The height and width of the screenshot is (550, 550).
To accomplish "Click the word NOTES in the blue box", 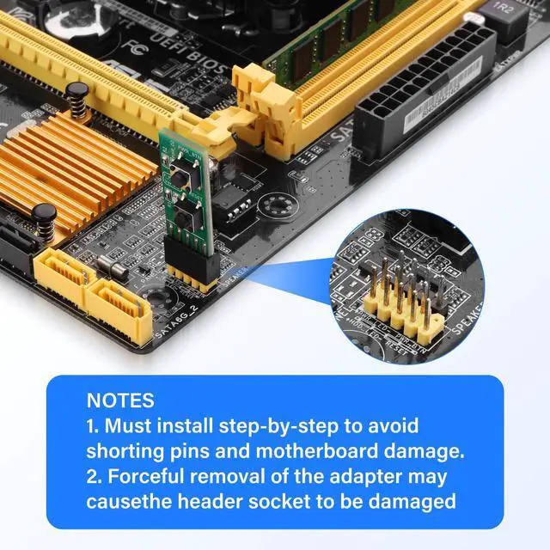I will point(120,400).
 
